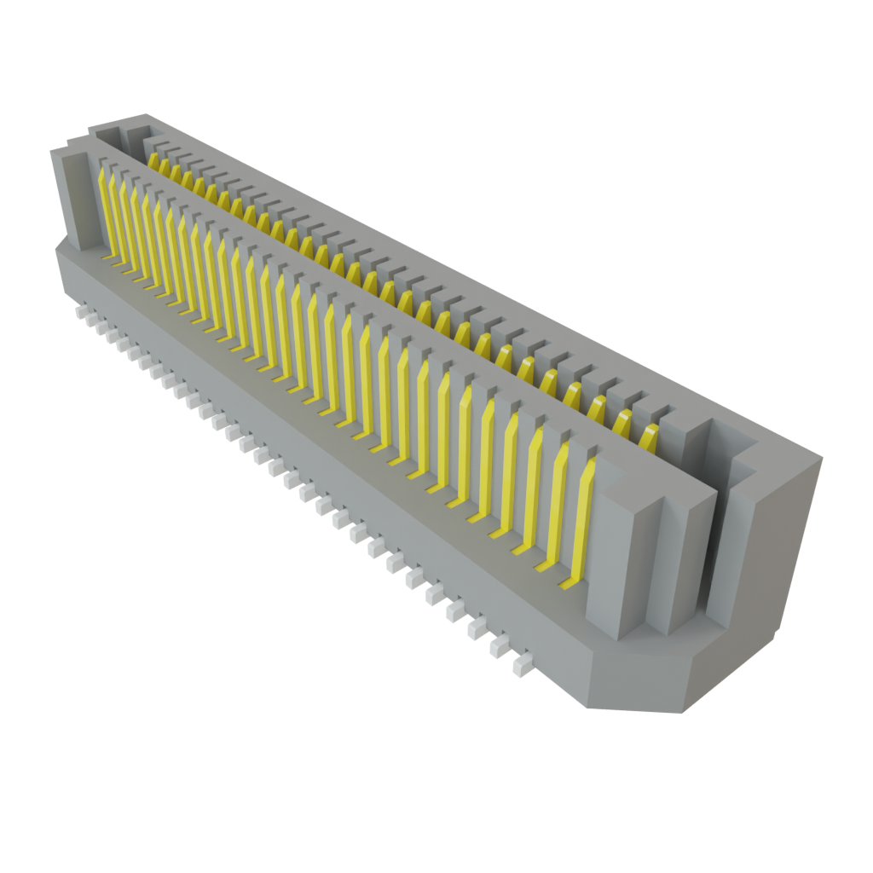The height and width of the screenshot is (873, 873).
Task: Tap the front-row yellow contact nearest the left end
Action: (105, 209)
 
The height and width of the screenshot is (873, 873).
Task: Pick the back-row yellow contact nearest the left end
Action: (153, 162)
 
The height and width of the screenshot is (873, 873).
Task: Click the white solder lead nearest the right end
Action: (520, 666)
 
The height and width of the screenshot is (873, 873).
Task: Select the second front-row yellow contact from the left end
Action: (115, 217)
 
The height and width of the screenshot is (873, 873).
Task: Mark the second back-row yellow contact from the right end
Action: (625, 423)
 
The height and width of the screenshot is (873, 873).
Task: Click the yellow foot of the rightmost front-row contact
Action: (569, 584)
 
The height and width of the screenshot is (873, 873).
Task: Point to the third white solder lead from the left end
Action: (108, 332)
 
